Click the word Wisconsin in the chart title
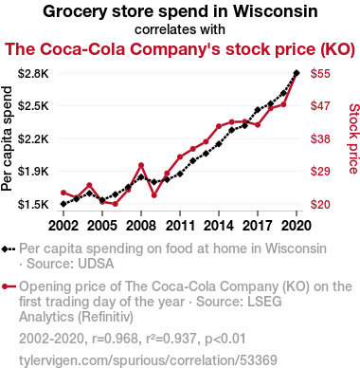[x=276, y=11]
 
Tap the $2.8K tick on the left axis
[x=33, y=74]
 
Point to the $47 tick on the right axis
[x=320, y=106]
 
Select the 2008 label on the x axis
[x=141, y=226]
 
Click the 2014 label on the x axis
[x=219, y=226]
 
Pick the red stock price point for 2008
[x=141, y=165]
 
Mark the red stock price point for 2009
[x=154, y=195]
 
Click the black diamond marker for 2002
[x=63, y=204]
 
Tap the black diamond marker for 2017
[x=258, y=110]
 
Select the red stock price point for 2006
[x=116, y=204]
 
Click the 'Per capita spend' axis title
[x=7, y=138]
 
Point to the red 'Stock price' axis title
[x=354, y=138]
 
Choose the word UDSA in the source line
[x=96, y=264]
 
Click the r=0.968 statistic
[x=116, y=339]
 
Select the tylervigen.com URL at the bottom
[x=148, y=360]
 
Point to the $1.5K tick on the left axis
[x=33, y=205]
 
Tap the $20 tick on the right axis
[x=320, y=205]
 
